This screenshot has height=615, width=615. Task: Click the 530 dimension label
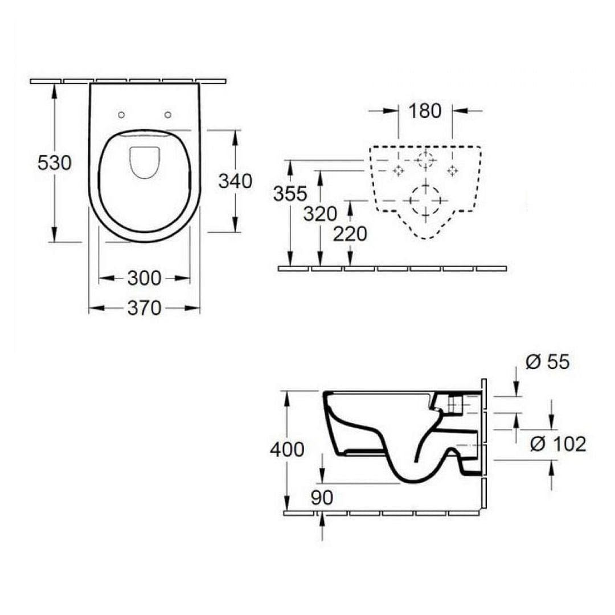click(x=55, y=163)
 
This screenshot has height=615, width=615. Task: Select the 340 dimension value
click(x=235, y=181)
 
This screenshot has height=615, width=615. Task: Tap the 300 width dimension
click(x=144, y=278)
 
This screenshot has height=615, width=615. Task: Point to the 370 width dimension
click(x=144, y=308)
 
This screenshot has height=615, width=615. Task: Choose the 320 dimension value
click(x=320, y=214)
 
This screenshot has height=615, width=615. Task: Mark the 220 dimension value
click(x=350, y=233)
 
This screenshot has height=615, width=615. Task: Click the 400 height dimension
click(x=287, y=450)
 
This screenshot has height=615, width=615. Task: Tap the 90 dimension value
click(x=322, y=497)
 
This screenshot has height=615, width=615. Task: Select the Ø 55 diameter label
click(x=547, y=362)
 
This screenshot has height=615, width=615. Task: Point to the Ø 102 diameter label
click(x=557, y=444)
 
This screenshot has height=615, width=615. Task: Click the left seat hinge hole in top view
click(x=121, y=115)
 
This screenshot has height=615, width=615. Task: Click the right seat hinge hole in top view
click(x=167, y=115)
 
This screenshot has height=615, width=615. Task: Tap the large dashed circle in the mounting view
click(x=425, y=200)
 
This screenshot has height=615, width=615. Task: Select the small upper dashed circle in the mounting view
click(x=425, y=160)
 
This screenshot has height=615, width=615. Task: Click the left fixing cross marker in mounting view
click(x=399, y=170)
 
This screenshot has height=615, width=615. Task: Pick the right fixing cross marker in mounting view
click(x=453, y=170)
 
